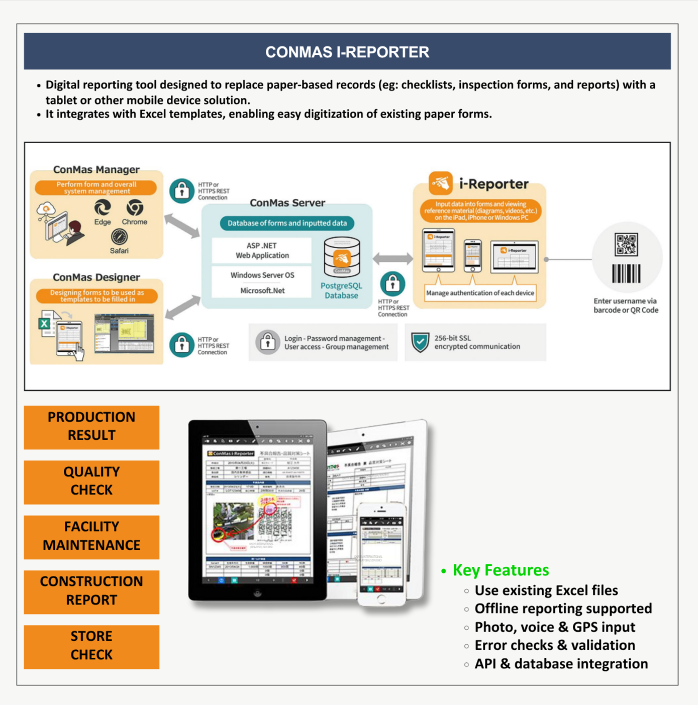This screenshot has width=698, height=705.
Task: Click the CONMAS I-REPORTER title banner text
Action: click(347, 52)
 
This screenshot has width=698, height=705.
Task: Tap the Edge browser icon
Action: click(103, 208)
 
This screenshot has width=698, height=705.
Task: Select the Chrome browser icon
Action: click(135, 207)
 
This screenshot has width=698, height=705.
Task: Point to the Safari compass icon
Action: click(119, 236)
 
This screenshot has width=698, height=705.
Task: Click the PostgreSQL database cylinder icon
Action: click(342, 257)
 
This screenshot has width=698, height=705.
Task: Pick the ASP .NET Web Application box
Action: click(262, 250)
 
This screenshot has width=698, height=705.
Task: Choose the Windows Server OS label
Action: click(262, 275)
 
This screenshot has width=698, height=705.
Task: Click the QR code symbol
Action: click(626, 245)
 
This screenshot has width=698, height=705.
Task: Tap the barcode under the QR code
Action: click(626, 274)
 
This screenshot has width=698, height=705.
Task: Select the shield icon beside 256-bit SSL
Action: click(420, 342)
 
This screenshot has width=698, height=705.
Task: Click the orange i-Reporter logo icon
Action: click(440, 183)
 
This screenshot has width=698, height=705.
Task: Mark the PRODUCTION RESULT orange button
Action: click(91, 427)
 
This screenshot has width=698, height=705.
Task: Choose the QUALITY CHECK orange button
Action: click(91, 481)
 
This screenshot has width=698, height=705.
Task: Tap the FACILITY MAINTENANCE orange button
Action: click(91, 536)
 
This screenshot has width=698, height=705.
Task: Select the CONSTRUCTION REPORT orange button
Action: click(91, 591)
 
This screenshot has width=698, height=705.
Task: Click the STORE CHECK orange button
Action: click(91, 646)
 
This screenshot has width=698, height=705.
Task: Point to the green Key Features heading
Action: click(501, 570)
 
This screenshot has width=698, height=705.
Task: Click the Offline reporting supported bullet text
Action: click(563, 609)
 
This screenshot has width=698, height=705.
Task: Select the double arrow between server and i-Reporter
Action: click(392, 259)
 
